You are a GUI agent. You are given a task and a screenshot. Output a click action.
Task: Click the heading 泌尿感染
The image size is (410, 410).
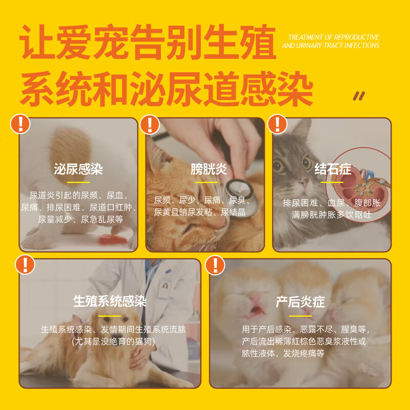point(78,170)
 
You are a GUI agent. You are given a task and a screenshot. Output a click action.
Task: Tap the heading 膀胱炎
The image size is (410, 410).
point(209,169)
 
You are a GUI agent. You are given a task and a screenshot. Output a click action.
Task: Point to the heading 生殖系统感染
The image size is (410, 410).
point(110,301)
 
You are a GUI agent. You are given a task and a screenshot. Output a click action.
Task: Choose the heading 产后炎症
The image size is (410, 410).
point(300,301)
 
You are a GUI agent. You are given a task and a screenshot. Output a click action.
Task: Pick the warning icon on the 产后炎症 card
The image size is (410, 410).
point(215,264)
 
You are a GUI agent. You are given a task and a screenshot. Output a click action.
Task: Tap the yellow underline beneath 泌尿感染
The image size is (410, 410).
point(78,182)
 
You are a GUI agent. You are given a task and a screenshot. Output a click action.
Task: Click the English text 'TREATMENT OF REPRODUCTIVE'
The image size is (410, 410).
point(333,37)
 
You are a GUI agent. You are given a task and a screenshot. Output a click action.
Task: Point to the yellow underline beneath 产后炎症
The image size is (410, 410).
point(300,315)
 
